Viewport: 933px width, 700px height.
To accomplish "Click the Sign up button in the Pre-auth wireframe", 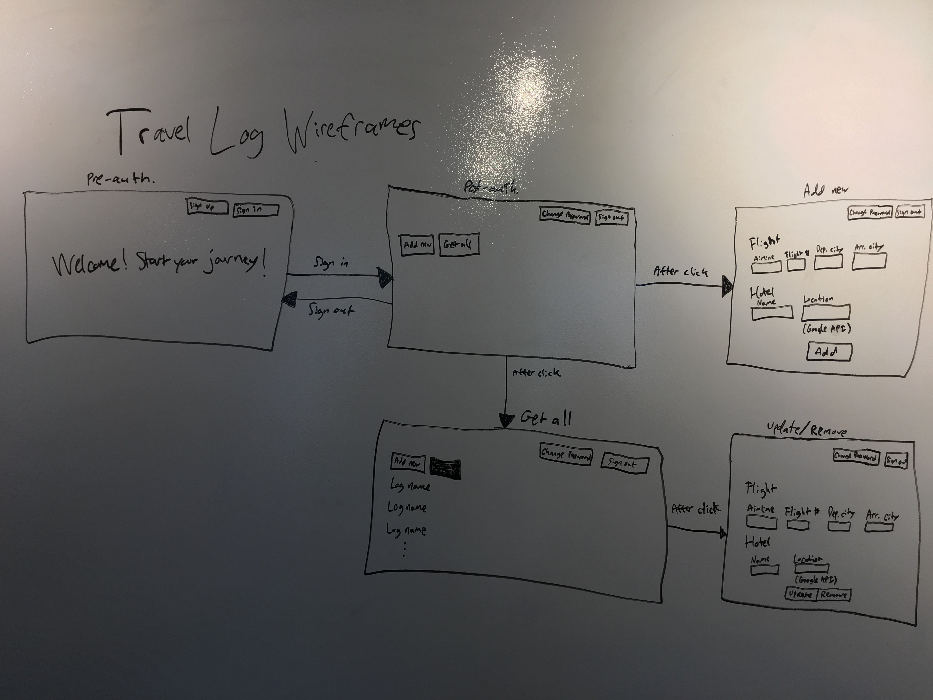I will pos(207,207).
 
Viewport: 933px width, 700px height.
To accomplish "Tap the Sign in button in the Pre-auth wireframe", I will pos(256,210).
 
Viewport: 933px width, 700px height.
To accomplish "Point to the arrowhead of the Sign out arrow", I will pos(290,299).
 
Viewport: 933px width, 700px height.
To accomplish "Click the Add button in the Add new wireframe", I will pos(829,351).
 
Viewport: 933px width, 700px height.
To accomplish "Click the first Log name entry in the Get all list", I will pos(410,486).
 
